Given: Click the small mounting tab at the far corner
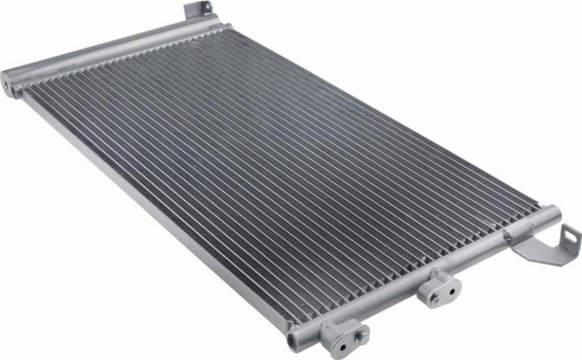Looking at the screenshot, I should (197, 11).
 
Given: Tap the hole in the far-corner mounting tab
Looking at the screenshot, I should (206, 8).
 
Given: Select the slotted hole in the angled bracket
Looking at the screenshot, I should (570, 237).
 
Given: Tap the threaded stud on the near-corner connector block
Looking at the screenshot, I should (363, 336).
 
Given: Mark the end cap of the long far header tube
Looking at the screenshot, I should (8, 82).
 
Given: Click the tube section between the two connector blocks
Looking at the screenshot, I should (388, 304).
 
